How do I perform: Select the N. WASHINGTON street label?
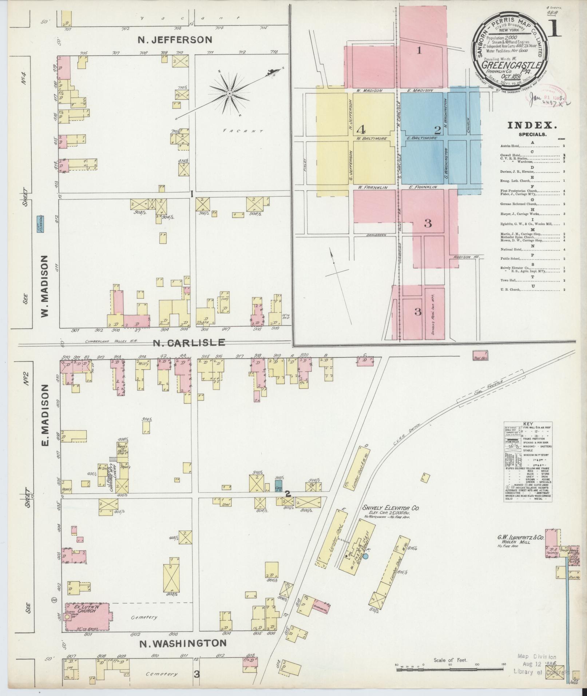(x=183, y=643)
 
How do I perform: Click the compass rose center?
(x=229, y=94)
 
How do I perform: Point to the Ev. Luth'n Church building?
(x=87, y=616)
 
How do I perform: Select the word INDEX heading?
(x=532, y=126)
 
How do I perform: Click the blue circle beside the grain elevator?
(x=366, y=556)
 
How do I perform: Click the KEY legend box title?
(x=527, y=424)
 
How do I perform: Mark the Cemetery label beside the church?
(x=144, y=617)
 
